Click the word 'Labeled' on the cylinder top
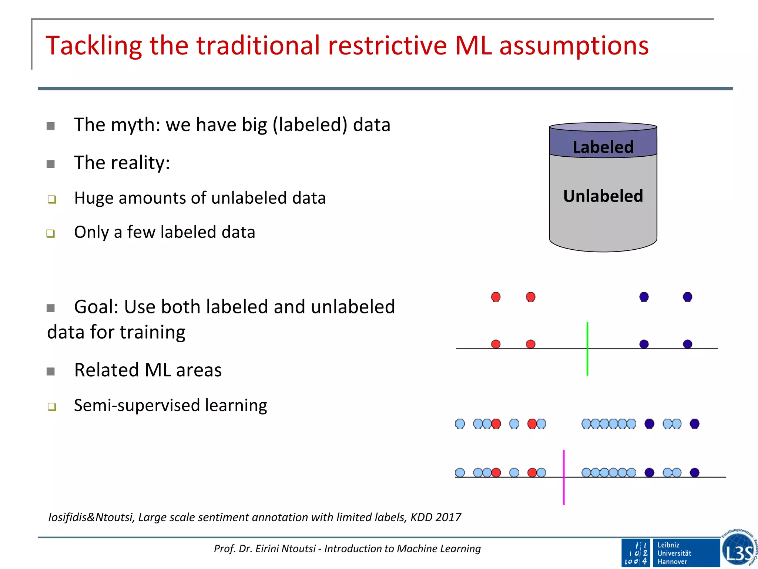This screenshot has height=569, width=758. pos(603,147)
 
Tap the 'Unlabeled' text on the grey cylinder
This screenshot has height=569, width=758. pos(603,196)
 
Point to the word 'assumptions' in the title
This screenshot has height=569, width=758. pos(574,46)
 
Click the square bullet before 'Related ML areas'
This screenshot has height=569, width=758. pos(51,371)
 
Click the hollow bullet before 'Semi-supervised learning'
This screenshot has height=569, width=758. pos(52,407)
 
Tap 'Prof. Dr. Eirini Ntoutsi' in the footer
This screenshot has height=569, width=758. pos(265,549)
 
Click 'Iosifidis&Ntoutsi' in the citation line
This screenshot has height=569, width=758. pos(91,517)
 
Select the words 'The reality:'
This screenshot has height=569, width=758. pos(122,163)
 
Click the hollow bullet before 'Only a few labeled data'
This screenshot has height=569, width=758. pos(51,233)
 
